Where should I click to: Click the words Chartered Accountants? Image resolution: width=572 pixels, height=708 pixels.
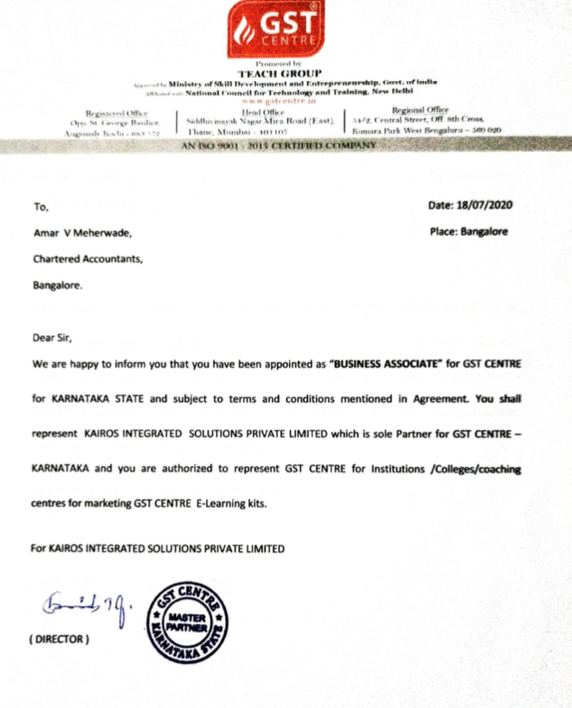point(87,259)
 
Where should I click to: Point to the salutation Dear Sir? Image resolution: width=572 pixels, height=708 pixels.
point(51,337)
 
